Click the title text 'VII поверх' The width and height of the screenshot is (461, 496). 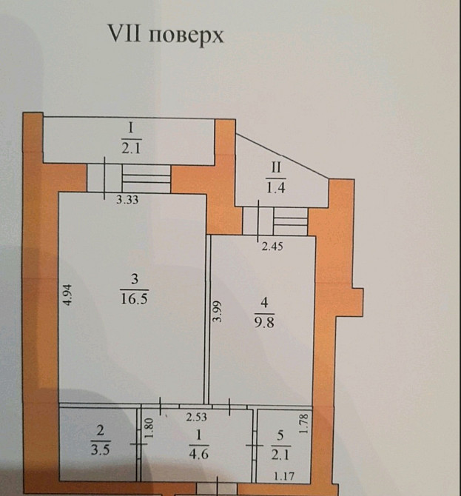[x=166, y=36]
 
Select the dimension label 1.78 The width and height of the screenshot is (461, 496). [x=303, y=424]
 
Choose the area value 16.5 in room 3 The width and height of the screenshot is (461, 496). [x=135, y=298]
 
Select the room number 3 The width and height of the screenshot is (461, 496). [x=135, y=279]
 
